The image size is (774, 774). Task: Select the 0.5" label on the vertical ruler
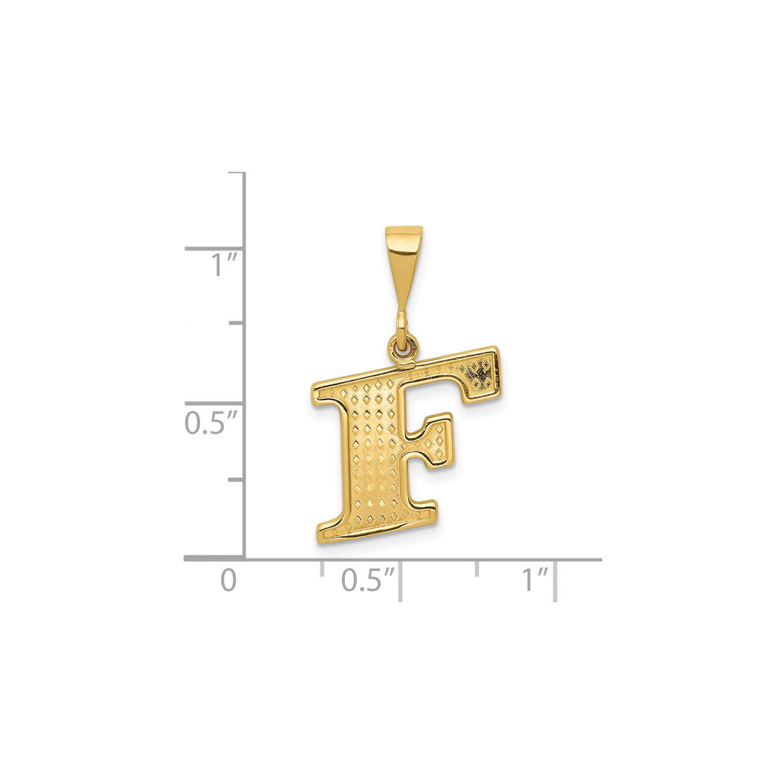tap(211, 423)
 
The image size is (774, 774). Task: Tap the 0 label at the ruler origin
tap(228, 580)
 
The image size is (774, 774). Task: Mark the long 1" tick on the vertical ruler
tap(215, 249)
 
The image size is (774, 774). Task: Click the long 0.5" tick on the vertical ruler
tap(215, 404)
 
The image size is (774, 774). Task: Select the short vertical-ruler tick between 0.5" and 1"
tap(237, 323)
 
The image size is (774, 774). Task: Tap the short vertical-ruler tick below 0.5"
tap(237, 479)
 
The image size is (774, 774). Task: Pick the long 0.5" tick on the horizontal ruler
tap(400, 580)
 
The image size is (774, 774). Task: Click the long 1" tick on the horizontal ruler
tap(556, 580)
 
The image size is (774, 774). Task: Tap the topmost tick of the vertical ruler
tap(237, 173)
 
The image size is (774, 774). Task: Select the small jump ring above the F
tap(403, 347)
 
